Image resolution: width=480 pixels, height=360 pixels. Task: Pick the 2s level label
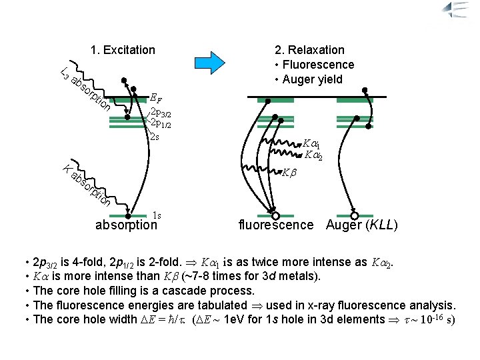click(154, 137)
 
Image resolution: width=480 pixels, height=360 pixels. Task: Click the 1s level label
click(157, 215)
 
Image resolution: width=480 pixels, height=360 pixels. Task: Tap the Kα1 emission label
click(311, 144)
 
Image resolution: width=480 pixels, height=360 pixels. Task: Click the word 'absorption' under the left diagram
click(126, 225)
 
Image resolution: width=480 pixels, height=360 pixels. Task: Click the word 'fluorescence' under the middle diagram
click(276, 225)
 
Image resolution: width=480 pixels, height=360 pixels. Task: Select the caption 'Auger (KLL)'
click(362, 225)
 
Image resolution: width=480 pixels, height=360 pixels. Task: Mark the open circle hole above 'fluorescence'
click(275, 216)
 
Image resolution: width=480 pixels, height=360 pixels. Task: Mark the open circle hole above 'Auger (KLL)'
click(355, 216)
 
